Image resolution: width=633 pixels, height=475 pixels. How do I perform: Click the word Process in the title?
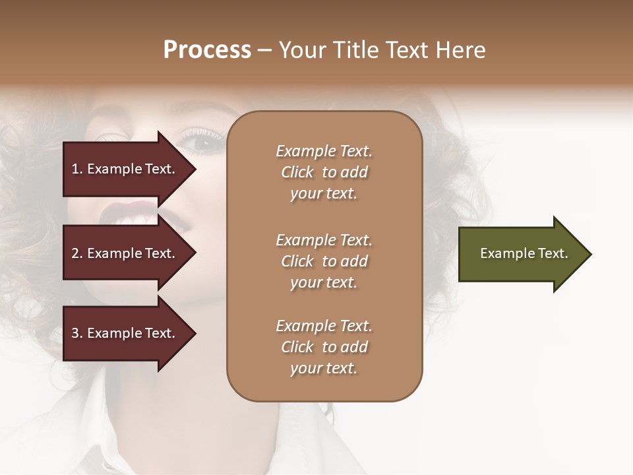207,50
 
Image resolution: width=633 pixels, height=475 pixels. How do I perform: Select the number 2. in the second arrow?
77,253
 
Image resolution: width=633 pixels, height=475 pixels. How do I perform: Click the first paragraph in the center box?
324,172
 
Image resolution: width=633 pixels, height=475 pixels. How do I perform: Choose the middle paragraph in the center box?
324,261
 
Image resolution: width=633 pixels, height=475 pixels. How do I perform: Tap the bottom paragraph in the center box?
324,347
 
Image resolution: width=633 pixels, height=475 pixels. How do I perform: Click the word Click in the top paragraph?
297,173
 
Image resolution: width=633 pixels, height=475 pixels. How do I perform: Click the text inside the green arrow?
524,253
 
